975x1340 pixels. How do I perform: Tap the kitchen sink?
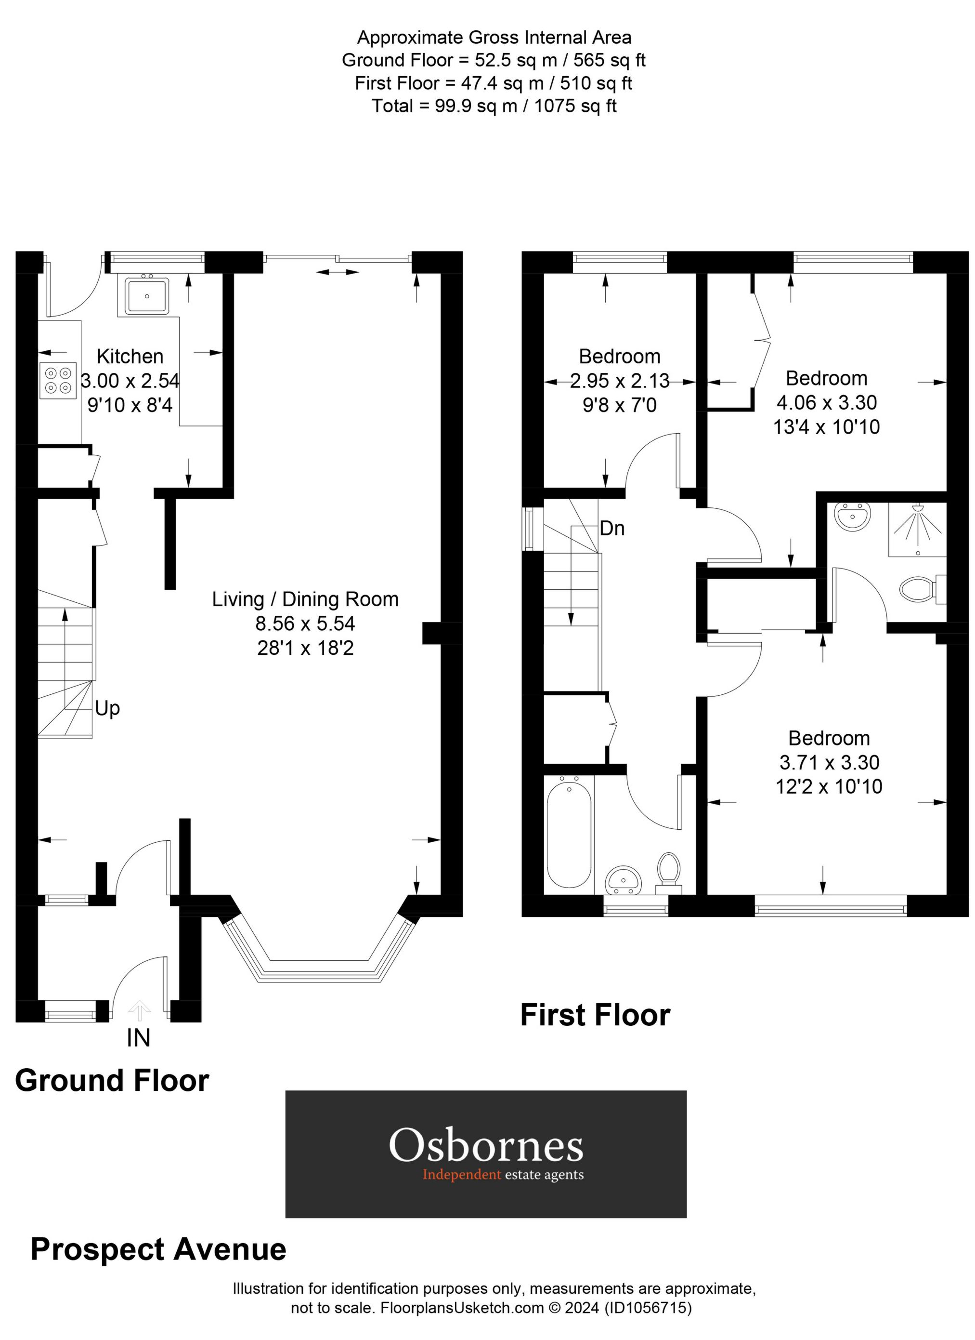coord(146,295)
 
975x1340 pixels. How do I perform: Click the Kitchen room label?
coord(130,356)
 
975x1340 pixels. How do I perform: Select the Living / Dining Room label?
coord(305,599)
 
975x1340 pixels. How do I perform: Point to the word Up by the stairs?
coord(107,708)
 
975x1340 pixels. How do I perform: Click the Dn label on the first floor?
coord(612,528)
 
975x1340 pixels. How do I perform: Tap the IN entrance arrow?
coord(139,1011)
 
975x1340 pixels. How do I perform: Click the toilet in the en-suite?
coord(918,588)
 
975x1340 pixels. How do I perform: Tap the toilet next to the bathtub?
coord(668,870)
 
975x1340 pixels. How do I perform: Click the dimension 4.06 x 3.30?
coord(826,402)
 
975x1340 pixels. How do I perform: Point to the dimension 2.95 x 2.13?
coord(620,381)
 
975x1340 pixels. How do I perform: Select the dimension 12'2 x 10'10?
coord(829,786)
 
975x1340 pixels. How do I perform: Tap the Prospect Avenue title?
coord(158,1249)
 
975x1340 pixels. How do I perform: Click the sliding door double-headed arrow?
coord(338,272)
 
